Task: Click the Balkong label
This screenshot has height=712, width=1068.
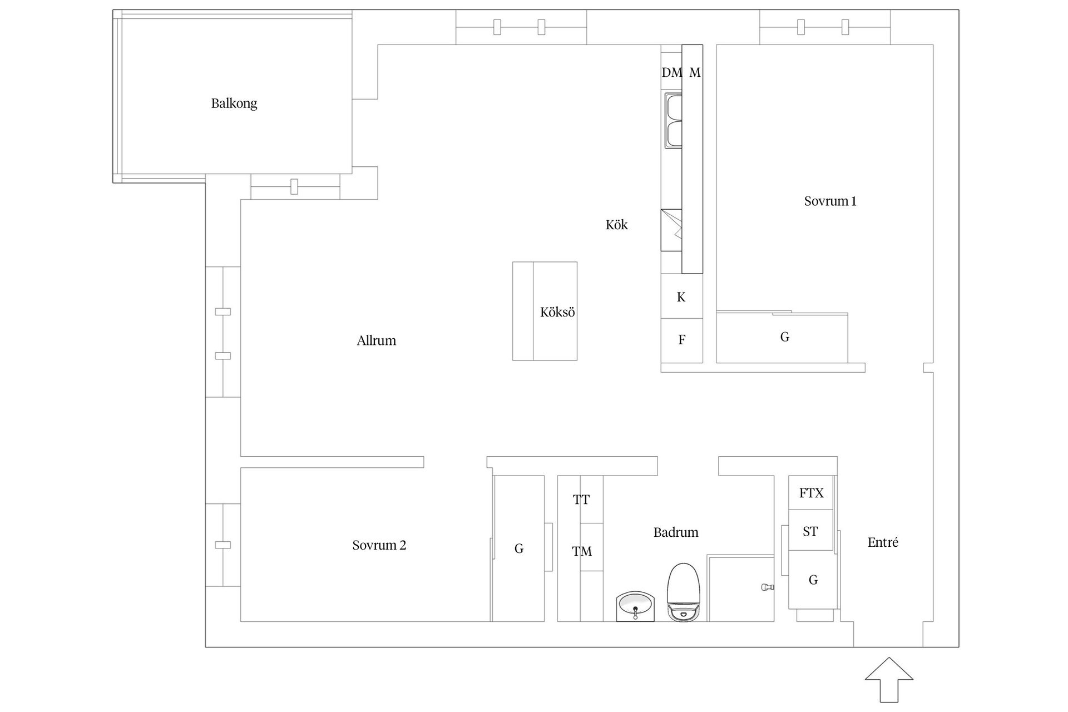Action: [234, 103]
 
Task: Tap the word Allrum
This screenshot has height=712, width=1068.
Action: [377, 340]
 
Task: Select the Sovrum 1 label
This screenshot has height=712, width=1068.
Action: [830, 201]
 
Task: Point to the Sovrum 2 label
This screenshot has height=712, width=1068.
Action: [379, 545]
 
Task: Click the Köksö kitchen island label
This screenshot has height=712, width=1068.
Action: [557, 312]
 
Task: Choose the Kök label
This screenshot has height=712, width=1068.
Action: [616, 225]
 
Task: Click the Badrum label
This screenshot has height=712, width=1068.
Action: [676, 532]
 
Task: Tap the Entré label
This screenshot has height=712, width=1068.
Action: [883, 542]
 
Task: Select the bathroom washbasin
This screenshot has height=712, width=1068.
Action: [635, 606]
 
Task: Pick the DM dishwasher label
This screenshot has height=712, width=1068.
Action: [671, 72]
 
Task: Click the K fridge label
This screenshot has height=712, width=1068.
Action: [681, 297]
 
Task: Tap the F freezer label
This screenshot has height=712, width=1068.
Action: [682, 339]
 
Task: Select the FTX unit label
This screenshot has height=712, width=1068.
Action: [811, 493]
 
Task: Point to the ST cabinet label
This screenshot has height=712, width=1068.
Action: [810, 532]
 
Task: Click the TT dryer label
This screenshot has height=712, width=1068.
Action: [581, 500]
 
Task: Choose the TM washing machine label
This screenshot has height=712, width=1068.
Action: [582, 551]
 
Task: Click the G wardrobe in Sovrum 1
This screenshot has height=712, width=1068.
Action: [784, 337]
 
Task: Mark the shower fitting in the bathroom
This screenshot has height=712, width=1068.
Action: [768, 587]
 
